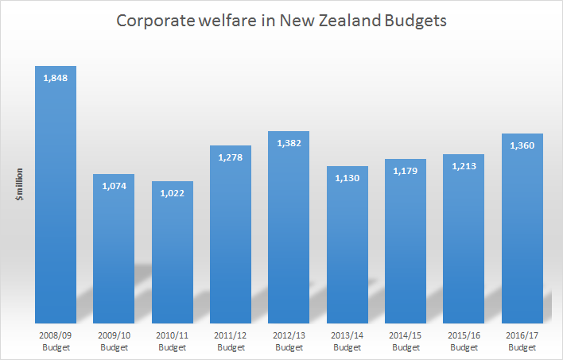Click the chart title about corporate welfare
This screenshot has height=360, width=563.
point(281,21)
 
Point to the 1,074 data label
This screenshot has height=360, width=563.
point(114,185)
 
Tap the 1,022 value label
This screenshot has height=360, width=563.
point(173,192)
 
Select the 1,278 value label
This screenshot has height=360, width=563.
point(231,157)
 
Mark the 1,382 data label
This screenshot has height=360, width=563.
point(289,142)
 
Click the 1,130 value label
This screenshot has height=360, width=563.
point(347,177)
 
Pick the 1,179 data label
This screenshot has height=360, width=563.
point(406,170)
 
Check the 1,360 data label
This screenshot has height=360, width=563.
point(522,145)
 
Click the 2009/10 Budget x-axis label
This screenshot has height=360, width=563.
point(114,342)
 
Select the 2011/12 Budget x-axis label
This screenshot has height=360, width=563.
point(231,342)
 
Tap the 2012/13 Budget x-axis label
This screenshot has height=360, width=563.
point(289,342)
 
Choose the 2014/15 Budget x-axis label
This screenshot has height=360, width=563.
point(406,342)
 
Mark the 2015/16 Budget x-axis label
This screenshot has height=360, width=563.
point(464,342)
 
